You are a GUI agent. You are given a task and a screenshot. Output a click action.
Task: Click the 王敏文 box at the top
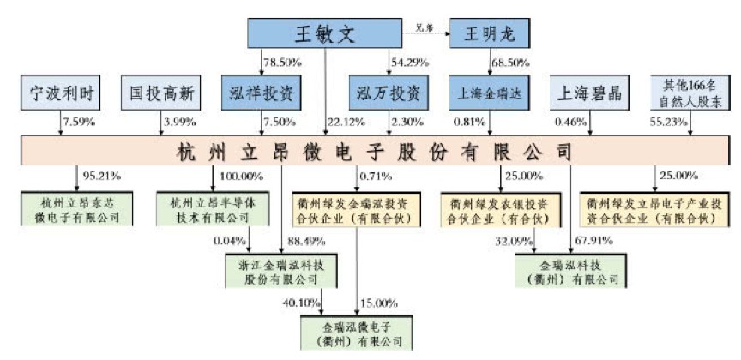click(x=325, y=33)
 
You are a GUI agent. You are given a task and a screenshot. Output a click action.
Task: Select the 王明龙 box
click(x=490, y=34)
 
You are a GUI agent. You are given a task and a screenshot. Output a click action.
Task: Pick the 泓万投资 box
click(x=386, y=91)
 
